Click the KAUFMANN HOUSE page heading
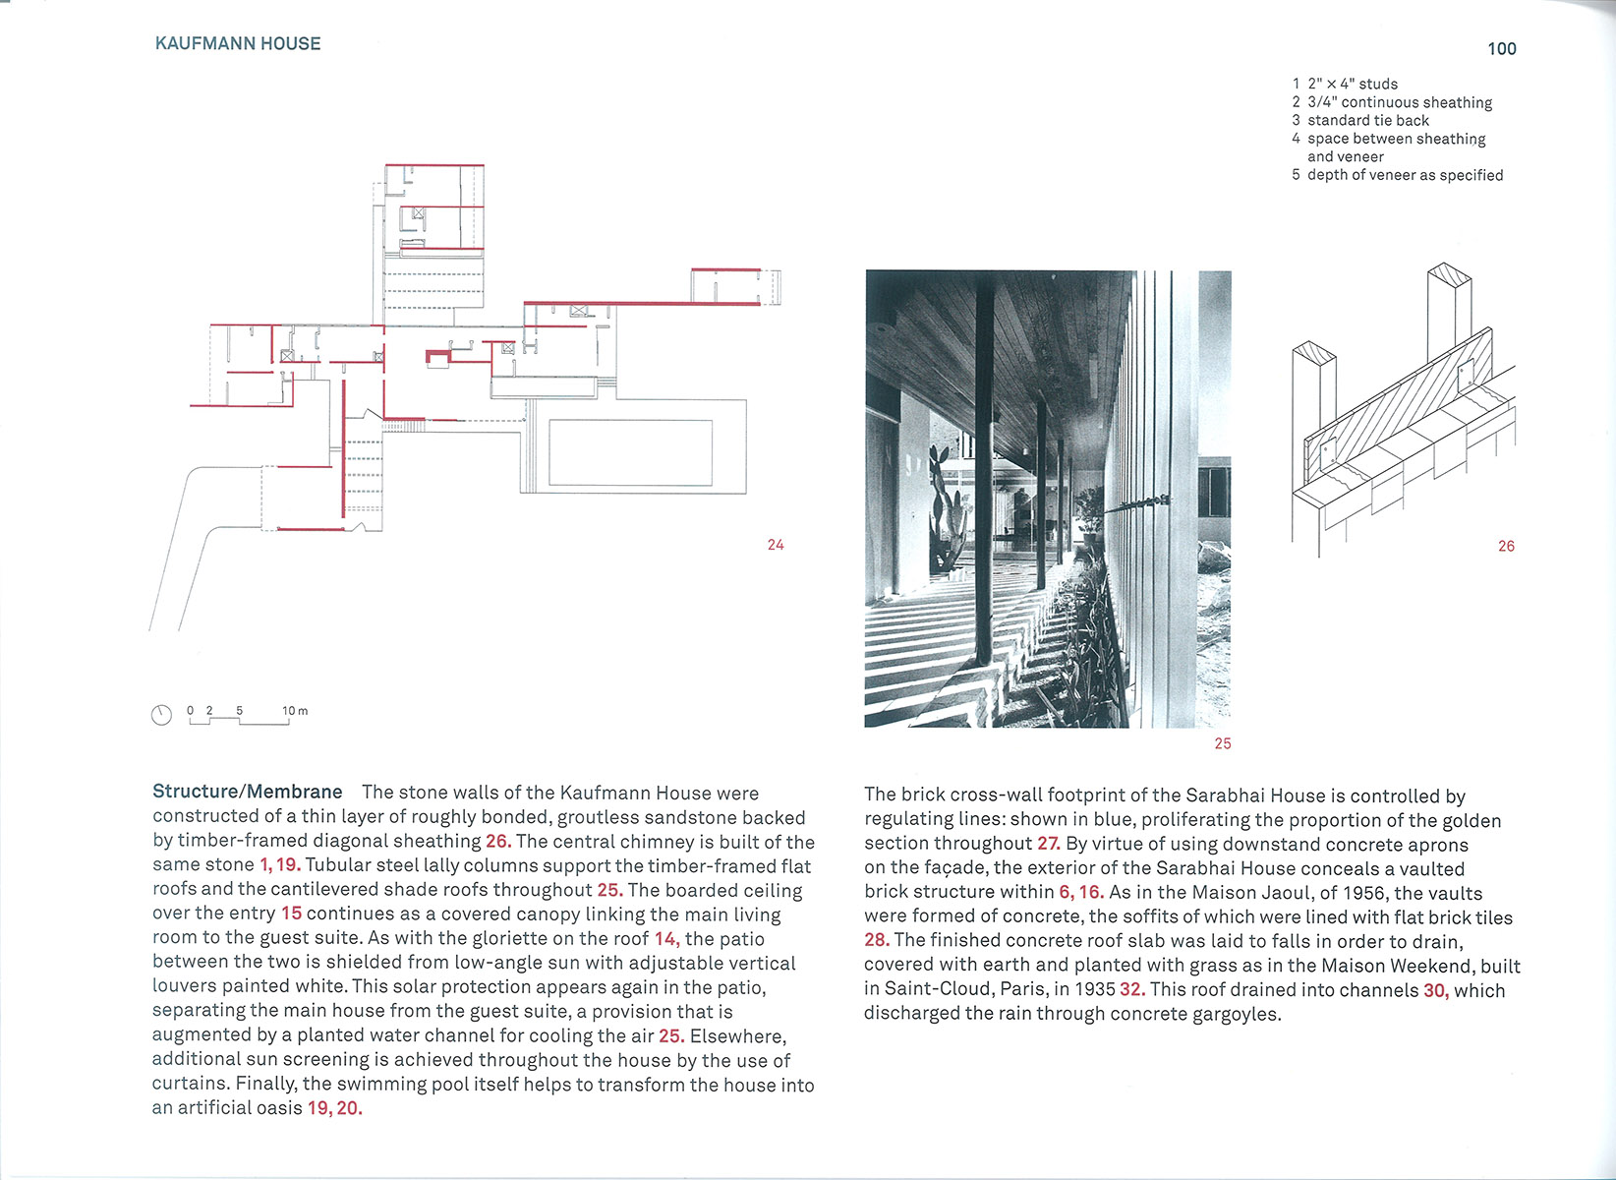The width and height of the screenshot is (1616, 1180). tap(238, 43)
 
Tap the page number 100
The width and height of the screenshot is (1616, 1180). tap(1501, 49)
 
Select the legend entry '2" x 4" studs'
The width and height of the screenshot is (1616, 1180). tap(1352, 85)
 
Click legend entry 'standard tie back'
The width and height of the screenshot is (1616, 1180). tap(1367, 120)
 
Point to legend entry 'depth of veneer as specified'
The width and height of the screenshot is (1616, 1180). tap(1405, 175)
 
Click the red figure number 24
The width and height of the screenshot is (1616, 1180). tap(776, 545)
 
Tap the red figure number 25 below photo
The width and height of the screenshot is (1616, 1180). tap(1222, 743)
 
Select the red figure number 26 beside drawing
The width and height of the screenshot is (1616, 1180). tap(1506, 546)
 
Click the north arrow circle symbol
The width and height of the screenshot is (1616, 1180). tap(161, 715)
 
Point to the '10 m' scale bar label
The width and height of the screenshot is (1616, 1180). tap(295, 710)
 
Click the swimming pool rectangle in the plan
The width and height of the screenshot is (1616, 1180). tap(630, 452)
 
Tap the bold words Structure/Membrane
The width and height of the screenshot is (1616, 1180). tap(248, 792)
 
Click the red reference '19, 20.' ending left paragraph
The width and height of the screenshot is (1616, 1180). tap(334, 1108)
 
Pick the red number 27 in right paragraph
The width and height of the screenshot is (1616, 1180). tap(1048, 844)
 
